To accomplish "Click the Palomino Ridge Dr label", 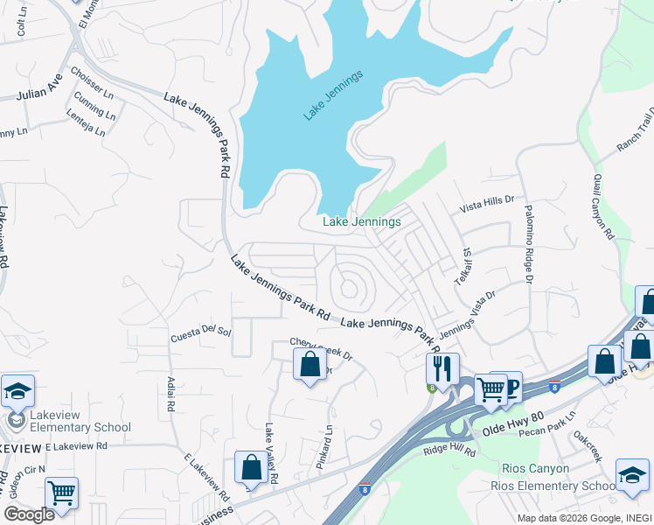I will pyautogui.click(x=528, y=245).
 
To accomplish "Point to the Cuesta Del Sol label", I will pyautogui.click(x=200, y=331).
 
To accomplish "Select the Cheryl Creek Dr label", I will pyautogui.click(x=321, y=348).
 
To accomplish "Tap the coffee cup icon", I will pyautogui.click(x=508, y=385).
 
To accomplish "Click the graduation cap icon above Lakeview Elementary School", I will pyautogui.click(x=17, y=391).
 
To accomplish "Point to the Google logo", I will pyautogui.click(x=29, y=514).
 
